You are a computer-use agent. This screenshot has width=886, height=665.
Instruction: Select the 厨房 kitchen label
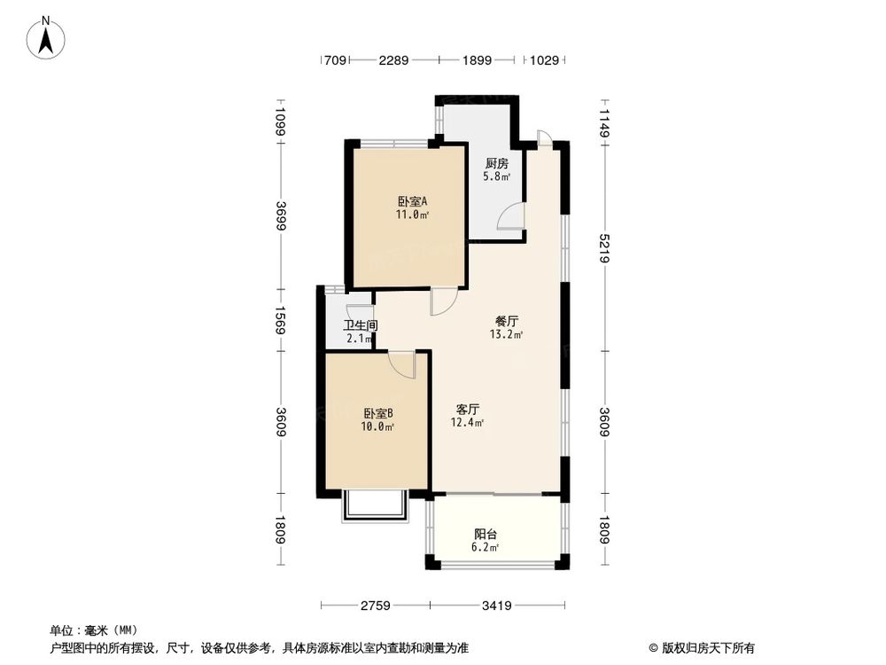496,164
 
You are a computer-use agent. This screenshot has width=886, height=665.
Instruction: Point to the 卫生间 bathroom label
361,325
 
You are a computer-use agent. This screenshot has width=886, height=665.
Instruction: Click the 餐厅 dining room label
506,322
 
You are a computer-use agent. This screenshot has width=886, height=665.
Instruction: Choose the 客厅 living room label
468,410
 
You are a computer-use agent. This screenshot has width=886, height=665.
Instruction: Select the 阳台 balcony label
486,534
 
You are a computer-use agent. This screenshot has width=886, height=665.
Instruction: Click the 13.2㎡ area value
506,335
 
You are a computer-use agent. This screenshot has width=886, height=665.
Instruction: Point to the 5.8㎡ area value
496,176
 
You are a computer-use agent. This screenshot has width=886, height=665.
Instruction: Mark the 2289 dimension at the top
393,60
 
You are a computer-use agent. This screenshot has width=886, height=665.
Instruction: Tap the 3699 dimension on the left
281,216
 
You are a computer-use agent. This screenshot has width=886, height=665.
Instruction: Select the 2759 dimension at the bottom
374,606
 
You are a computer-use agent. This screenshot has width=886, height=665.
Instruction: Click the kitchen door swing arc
510,215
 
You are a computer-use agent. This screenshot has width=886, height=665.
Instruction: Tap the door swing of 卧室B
401,364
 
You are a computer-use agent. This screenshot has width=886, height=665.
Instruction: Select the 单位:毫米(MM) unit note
88,630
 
